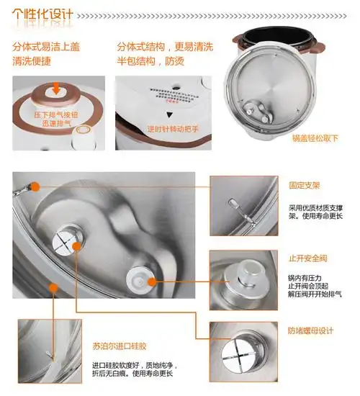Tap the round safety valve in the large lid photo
[140, 276]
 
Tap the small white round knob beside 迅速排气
[86, 131]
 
